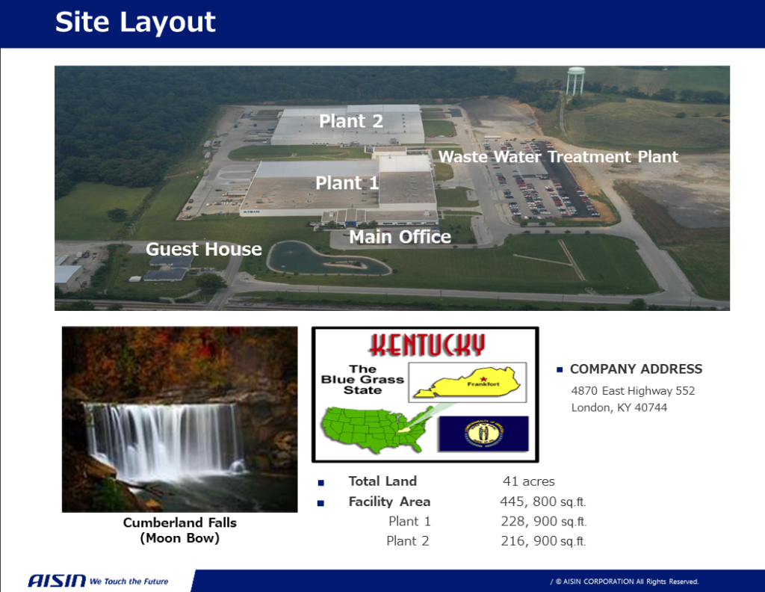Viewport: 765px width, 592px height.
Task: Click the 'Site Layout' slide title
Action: (135, 22)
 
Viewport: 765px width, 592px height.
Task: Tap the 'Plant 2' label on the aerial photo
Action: (351, 121)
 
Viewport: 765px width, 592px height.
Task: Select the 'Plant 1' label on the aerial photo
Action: (347, 183)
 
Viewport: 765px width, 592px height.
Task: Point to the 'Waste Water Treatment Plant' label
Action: (558, 157)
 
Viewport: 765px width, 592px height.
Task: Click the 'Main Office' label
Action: (400, 237)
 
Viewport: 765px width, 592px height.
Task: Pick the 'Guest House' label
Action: (203, 250)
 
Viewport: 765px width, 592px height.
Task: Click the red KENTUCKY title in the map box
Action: (427, 345)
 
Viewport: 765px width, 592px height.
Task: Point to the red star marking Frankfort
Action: (483, 378)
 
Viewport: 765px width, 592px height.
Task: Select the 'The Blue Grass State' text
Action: (362, 380)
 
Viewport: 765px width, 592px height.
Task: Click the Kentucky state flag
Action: (483, 434)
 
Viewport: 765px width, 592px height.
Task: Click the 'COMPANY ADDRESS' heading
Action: (637, 369)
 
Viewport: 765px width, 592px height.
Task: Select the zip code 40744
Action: (651, 407)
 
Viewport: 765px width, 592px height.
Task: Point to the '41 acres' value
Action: (529, 481)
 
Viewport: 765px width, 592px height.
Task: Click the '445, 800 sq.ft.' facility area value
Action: (543, 502)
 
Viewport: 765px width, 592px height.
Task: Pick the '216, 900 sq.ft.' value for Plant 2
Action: (544, 541)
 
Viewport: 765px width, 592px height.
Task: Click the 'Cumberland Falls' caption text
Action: (179, 522)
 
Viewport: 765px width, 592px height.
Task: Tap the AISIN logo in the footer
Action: (57, 581)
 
